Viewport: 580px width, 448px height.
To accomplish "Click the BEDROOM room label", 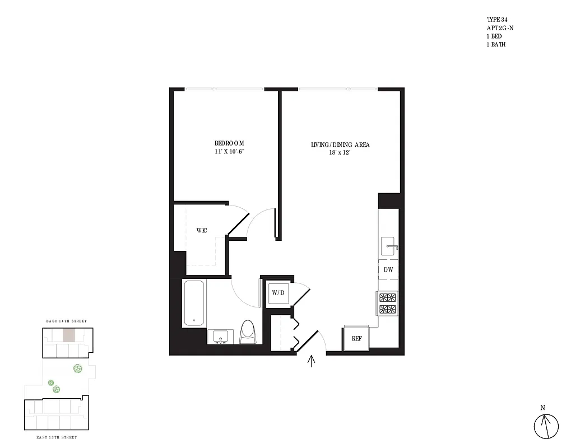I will click(229, 143).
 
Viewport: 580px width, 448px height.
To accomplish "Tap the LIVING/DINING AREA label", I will click(340, 145).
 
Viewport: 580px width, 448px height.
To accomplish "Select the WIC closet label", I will click(202, 231).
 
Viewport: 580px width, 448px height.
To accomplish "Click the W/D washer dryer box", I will click(278, 292).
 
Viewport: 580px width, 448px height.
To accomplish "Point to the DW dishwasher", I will click(388, 270).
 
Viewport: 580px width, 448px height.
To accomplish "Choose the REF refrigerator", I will click(356, 338).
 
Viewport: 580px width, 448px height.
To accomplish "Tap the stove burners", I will click(388, 304).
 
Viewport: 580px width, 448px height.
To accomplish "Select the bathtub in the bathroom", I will click(194, 304).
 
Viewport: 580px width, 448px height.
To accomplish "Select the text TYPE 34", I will click(497, 20).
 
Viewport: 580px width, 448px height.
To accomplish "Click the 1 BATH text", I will click(496, 44).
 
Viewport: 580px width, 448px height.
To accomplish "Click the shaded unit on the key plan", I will click(68, 335).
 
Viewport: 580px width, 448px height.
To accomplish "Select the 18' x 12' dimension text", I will click(340, 153).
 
